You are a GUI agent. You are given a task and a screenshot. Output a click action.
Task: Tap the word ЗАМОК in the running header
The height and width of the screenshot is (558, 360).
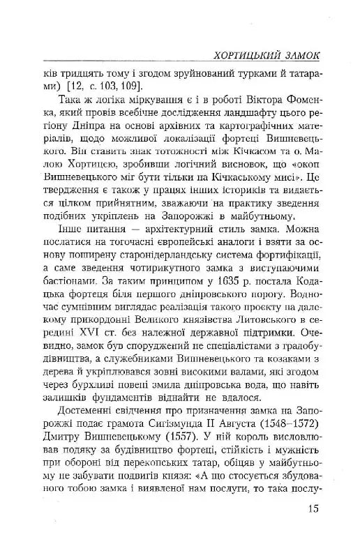[x=300, y=54]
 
